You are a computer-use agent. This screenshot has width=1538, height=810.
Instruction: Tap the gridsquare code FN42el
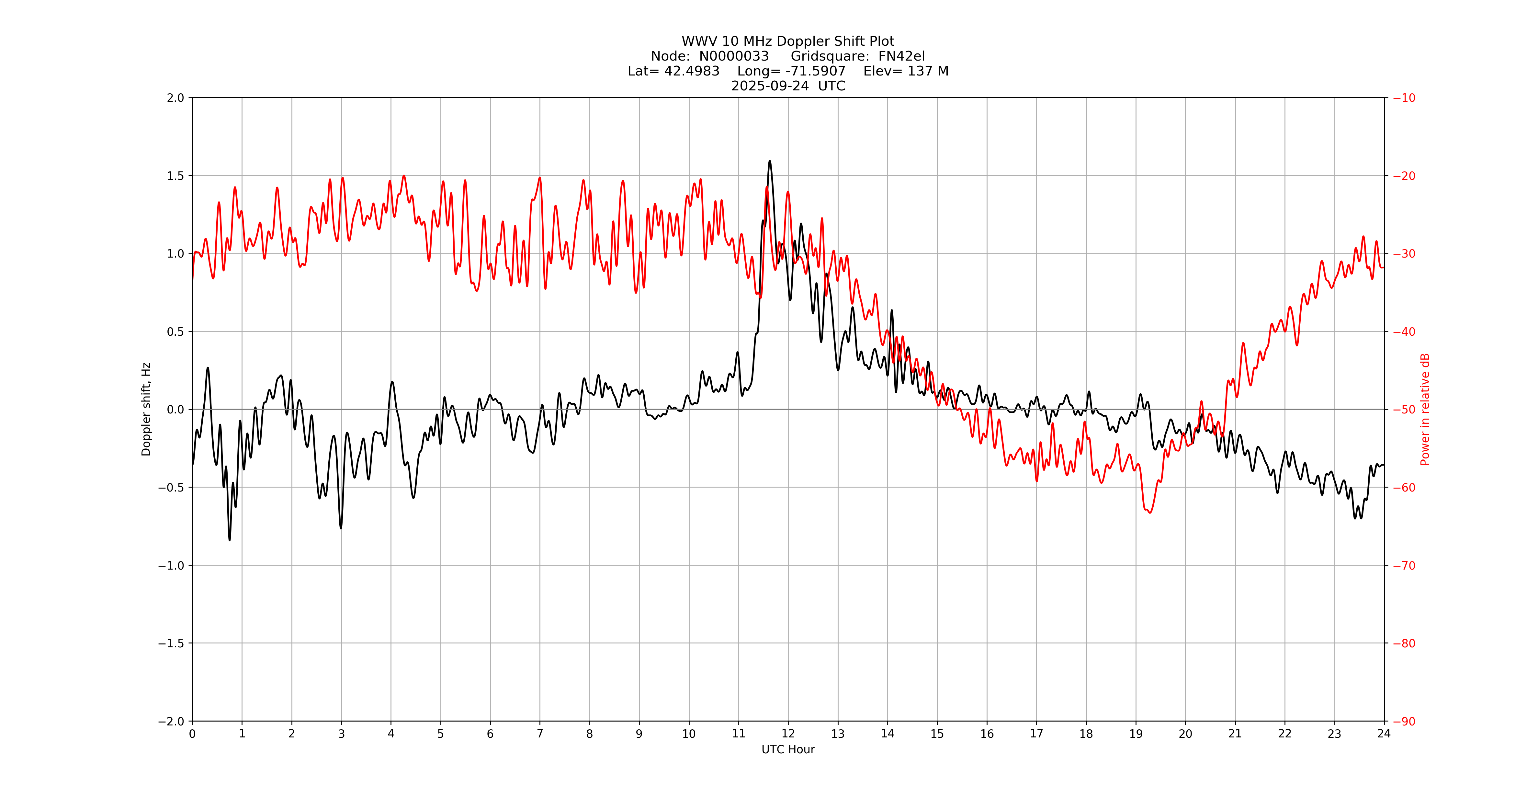[901, 56]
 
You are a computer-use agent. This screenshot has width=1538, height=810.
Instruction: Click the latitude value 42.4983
[691, 71]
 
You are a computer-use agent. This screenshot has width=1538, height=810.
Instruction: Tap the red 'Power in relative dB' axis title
[1425, 409]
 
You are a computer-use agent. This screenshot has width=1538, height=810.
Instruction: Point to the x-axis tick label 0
[192, 734]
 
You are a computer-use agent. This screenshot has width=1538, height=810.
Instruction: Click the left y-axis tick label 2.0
[175, 98]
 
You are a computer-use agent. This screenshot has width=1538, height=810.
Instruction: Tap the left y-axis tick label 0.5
[175, 331]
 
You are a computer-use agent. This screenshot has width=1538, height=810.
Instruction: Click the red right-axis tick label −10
[1404, 98]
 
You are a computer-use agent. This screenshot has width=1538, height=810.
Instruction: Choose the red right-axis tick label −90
[1404, 722]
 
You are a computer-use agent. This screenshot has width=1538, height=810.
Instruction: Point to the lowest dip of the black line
[229, 540]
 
